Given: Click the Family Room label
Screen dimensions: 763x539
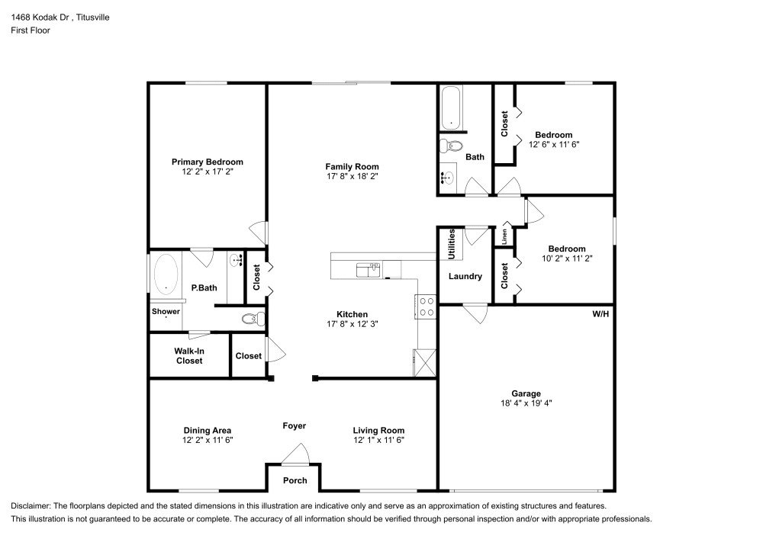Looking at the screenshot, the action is pos(352,167).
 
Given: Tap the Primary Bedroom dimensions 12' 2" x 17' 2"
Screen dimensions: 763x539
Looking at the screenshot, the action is pos(208,172).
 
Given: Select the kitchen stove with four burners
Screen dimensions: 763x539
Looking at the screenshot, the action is pos(427,306).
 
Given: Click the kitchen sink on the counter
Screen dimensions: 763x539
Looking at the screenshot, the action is pos(369,270).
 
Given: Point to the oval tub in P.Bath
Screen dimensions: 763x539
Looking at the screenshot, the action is pos(166,274).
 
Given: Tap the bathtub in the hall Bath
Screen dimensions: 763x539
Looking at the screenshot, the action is pos(451,108).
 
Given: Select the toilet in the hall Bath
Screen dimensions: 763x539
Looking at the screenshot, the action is pos(451,146).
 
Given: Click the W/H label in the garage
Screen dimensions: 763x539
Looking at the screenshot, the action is pos(600,314).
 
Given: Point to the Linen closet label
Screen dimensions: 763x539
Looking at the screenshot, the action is pos(504,236).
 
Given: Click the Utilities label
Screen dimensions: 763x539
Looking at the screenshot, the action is pos(452,244).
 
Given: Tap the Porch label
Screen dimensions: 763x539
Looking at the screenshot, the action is pos(295,480).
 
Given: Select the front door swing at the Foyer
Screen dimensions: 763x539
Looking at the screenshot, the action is pos(295,454).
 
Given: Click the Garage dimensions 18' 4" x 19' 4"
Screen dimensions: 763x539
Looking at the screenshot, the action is pos(526,403).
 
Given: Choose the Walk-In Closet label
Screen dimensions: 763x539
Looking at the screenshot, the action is pos(189,356).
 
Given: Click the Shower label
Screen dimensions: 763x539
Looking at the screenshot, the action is pos(166,312).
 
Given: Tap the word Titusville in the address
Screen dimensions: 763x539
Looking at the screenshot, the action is pos(93,18).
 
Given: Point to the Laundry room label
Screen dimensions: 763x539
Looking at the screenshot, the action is pos(465,276).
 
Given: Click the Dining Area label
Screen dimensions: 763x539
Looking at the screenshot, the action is pos(208,430).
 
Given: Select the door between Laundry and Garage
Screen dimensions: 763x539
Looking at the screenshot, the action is pos(475,313).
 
